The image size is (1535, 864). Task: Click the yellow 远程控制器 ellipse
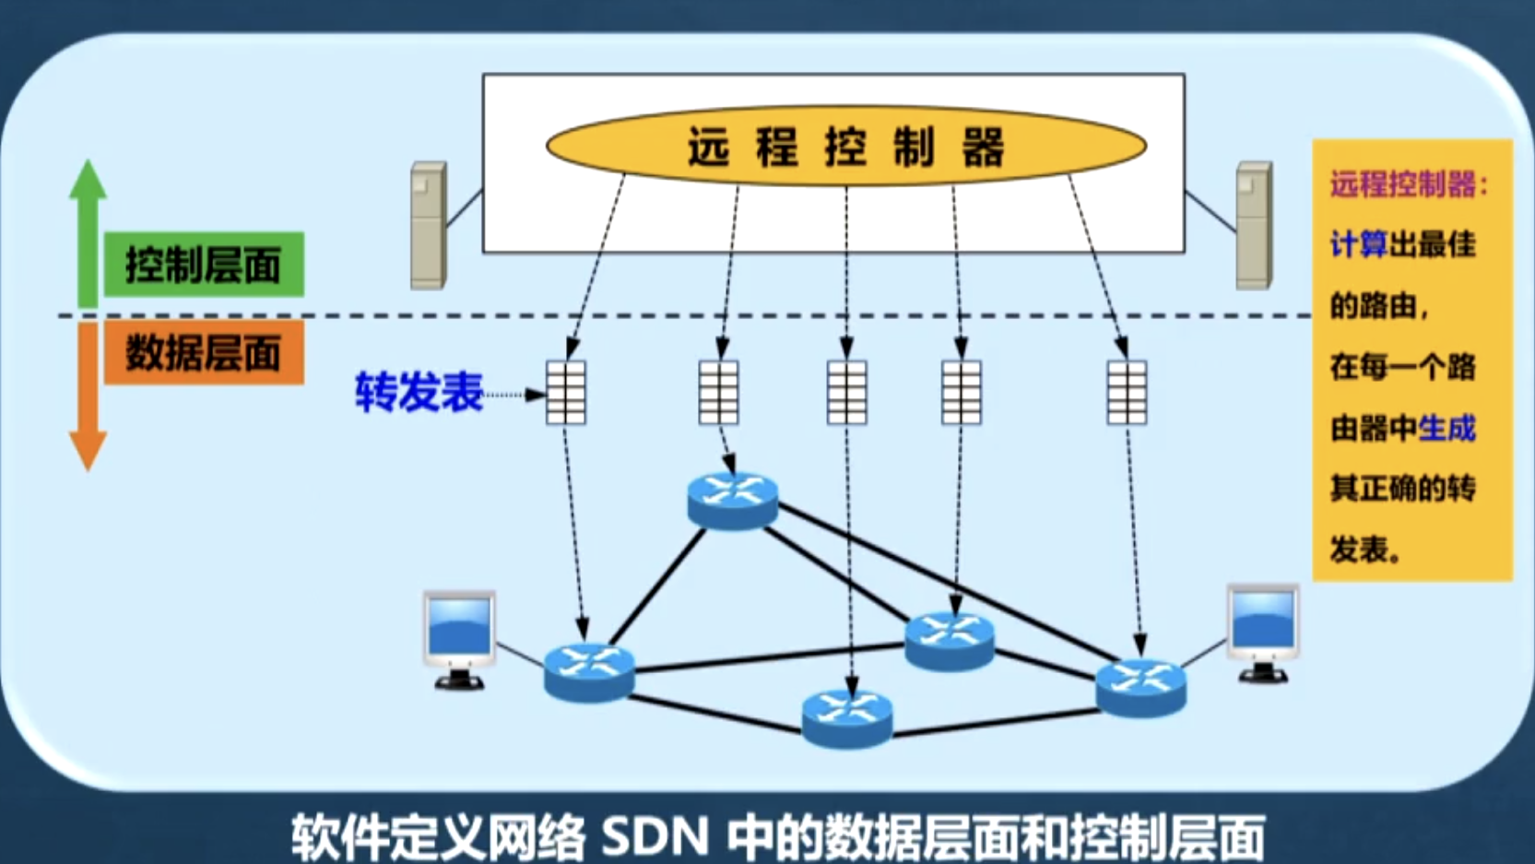[845, 146]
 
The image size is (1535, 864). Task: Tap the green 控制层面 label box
[204, 265]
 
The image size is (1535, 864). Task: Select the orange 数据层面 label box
[204, 352]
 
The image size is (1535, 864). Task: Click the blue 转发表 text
[419, 392]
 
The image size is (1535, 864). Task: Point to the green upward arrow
[88, 231]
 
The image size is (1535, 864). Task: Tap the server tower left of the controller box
[429, 226]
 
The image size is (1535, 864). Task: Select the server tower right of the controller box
[1254, 226]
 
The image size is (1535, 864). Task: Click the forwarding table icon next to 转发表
[566, 393]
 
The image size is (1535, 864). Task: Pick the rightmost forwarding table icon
[1127, 393]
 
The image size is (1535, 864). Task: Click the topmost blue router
[733, 501]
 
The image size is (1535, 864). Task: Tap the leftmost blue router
[589, 672]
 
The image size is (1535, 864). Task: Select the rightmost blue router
[1140, 688]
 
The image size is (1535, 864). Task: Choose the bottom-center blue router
[847, 718]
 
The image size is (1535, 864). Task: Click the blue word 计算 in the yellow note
[1358, 244]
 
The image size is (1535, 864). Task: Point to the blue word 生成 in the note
[1447, 428]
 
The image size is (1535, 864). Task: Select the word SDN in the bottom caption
[655, 837]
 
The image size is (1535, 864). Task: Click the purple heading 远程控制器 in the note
[1403, 184]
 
